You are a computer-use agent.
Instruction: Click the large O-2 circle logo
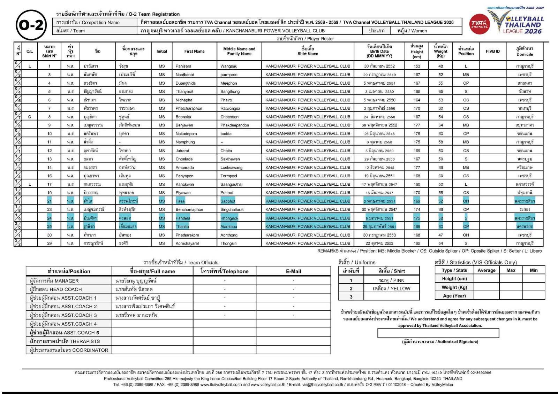pyautogui.click(x=31, y=25)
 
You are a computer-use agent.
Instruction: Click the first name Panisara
pyautogui.click(x=183, y=66)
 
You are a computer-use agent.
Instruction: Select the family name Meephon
pyautogui.click(x=229, y=83)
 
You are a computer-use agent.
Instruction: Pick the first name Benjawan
pyautogui.click(x=184, y=125)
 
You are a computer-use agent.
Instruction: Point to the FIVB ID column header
pyautogui.click(x=492, y=51)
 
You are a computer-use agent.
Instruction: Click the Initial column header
pyautogui.click(x=161, y=51)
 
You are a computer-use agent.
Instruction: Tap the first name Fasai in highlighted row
pyautogui.click(x=181, y=201)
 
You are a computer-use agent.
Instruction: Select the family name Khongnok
pyautogui.click(x=229, y=218)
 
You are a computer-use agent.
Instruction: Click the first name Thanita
pyautogui.click(x=182, y=226)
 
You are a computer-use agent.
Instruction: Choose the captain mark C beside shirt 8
pyautogui.click(x=30, y=117)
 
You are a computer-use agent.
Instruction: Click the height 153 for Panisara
pyautogui.click(x=417, y=66)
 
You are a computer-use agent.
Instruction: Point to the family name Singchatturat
pyautogui.click(x=232, y=210)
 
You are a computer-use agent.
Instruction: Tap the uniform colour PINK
pyautogui.click(x=391, y=280)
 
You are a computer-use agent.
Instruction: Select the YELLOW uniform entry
pyautogui.click(x=391, y=288)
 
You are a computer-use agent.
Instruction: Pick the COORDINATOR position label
pyautogui.click(x=69, y=350)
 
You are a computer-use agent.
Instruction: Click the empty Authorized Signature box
pyautogui.click(x=438, y=333)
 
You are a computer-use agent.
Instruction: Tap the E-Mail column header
pyautogui.click(x=293, y=271)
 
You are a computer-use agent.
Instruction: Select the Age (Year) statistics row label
pyautogui.click(x=454, y=296)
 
